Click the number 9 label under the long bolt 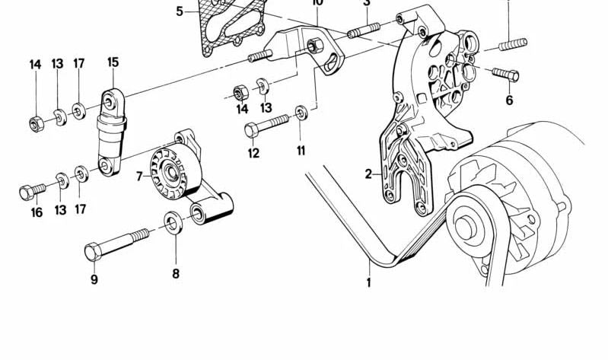(94, 279)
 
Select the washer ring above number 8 (174, 224)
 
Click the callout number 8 (175, 273)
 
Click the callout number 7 (139, 177)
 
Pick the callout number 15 (113, 62)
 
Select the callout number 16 (37, 212)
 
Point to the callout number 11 (301, 151)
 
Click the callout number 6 (509, 100)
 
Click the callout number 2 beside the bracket (368, 174)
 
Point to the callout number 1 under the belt (369, 283)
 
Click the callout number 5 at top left (180, 11)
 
